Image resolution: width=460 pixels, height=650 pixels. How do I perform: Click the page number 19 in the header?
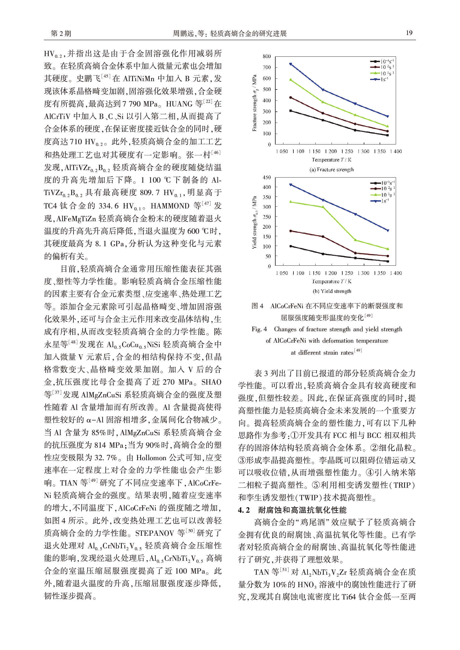[409, 33]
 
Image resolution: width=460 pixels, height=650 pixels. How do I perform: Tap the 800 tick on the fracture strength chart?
[266, 56]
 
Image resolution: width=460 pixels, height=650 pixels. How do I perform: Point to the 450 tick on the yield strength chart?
[266, 178]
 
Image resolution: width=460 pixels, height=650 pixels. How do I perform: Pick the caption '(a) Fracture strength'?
[332, 170]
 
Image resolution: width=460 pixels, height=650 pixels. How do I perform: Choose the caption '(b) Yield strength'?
[332, 291]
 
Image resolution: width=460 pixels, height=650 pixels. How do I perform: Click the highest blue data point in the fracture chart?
[291, 64]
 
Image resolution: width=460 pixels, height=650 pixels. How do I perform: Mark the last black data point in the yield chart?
[388, 261]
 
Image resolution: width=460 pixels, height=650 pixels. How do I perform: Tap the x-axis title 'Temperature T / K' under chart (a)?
[332, 160]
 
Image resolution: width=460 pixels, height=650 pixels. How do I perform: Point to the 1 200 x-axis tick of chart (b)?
[331, 273]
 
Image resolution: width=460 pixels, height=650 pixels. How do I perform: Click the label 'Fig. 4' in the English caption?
[259, 329]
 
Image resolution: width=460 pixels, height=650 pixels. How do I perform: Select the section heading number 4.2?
[244, 510]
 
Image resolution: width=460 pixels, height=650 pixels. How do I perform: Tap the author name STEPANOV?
[154, 533]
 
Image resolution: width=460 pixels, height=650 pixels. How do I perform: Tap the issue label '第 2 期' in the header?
[61, 34]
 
